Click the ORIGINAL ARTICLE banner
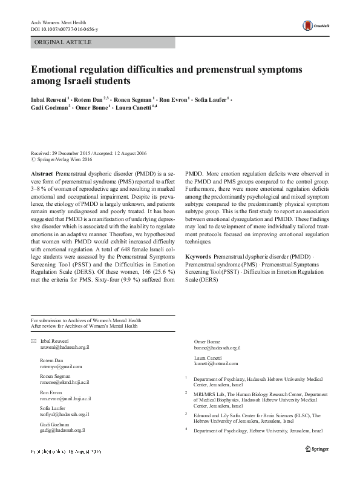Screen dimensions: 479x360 click(x=64, y=42)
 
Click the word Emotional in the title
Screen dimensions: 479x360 click(x=60, y=69)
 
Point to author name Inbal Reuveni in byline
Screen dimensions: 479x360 click(x=50, y=99)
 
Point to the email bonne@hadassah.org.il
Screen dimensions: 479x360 click(x=217, y=348)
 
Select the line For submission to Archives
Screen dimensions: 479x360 click(x=86, y=320)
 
